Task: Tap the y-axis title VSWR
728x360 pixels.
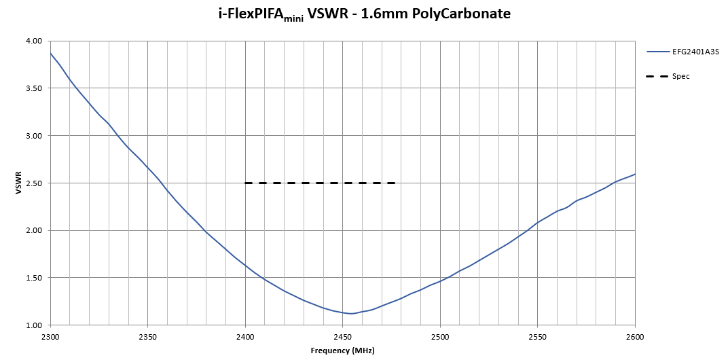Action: (x=19, y=183)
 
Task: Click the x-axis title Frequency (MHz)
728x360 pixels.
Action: (x=342, y=350)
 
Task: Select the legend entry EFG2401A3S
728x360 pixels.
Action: (x=695, y=51)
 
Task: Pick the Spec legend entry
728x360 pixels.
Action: (x=680, y=76)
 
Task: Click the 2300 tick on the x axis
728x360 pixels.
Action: (x=50, y=336)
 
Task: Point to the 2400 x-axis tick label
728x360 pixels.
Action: (x=245, y=336)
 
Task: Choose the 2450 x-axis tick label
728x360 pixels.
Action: (x=343, y=336)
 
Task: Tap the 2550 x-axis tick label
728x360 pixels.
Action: (x=538, y=336)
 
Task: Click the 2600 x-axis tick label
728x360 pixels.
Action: (x=635, y=336)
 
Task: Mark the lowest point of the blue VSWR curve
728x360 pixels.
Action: (x=350, y=314)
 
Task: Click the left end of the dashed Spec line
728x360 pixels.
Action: (x=246, y=183)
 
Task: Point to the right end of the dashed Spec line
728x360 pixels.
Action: (x=395, y=183)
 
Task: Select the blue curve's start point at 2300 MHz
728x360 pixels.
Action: (x=50, y=53)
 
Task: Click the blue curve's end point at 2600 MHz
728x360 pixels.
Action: (x=635, y=175)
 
